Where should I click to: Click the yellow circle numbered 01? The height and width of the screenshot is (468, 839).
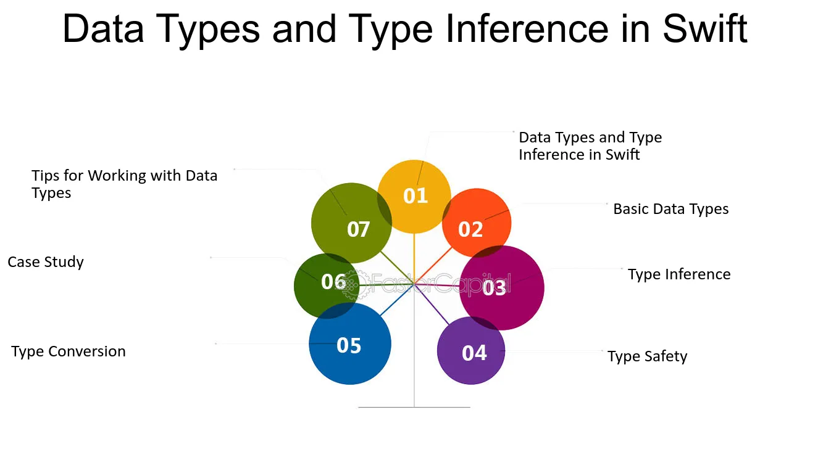pyautogui.click(x=414, y=197)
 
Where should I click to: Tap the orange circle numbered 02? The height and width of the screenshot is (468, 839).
pyautogui.click(x=477, y=223)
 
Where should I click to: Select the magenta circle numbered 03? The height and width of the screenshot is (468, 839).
pyautogui.click(x=502, y=288)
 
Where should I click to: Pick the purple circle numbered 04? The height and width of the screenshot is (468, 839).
pyautogui.click(x=471, y=350)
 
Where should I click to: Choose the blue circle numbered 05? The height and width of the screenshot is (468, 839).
pyautogui.click(x=350, y=343)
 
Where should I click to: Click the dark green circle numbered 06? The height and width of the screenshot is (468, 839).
pyautogui.click(x=327, y=286)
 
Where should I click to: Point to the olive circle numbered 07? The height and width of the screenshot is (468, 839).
pyautogui.click(x=351, y=223)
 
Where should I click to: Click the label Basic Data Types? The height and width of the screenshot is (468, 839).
pyautogui.click(x=671, y=209)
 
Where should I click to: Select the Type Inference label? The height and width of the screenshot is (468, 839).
pyautogui.click(x=679, y=274)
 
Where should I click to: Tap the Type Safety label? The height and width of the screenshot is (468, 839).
pyautogui.click(x=647, y=356)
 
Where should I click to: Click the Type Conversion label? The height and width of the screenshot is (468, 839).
pyautogui.click(x=68, y=351)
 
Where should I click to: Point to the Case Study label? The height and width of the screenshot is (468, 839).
pyautogui.click(x=46, y=262)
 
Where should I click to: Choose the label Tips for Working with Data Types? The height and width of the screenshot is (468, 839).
pyautogui.click(x=124, y=184)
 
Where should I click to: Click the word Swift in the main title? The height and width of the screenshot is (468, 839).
pyautogui.click(x=705, y=29)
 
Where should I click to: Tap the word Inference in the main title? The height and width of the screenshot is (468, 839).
pyautogui.click(x=527, y=29)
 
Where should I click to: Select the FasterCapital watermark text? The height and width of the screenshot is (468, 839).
pyautogui.click(x=440, y=283)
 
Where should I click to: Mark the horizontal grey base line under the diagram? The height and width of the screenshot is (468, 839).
pyautogui.click(x=414, y=407)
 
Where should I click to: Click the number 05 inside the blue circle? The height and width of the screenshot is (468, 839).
pyautogui.click(x=349, y=345)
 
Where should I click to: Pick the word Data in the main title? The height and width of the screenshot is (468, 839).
pyautogui.click(x=103, y=29)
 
